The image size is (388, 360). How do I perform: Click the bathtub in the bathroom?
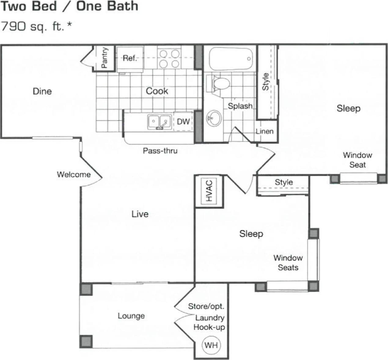[x=231, y=59]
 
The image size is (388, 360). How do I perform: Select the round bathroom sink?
[x=214, y=118]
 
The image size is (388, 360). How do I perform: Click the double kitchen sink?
[x=159, y=122]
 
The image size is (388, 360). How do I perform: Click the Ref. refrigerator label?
[x=130, y=58]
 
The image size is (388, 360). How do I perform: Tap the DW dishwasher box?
[x=183, y=122]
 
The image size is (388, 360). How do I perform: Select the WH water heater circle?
[x=211, y=345]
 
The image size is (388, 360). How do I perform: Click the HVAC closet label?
[x=209, y=191]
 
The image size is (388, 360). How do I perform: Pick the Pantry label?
[x=104, y=58]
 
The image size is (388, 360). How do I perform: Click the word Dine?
[x=42, y=91]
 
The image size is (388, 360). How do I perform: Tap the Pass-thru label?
[x=160, y=151]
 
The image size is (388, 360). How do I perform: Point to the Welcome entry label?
[x=74, y=174]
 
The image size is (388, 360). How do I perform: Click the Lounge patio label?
[x=131, y=316]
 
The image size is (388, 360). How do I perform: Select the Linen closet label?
[x=265, y=131]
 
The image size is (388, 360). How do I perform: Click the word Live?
[x=140, y=214]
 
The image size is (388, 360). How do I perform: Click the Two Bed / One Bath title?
[x=69, y=6]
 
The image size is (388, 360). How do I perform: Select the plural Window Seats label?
[x=288, y=263]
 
